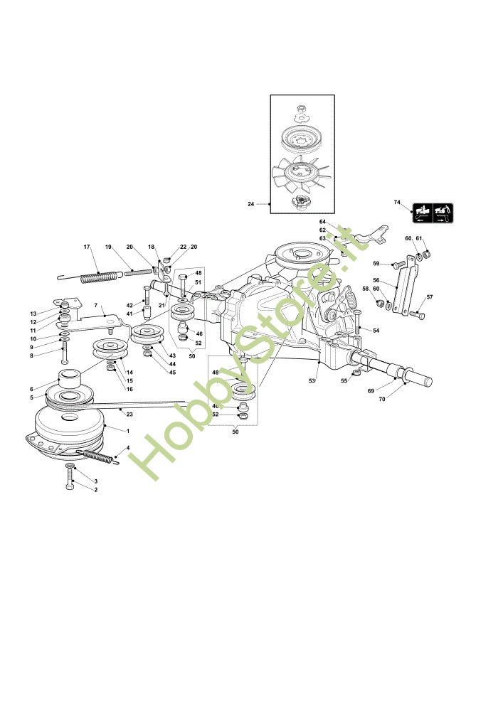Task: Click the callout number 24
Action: click(250, 204)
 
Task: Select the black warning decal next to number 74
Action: click(433, 211)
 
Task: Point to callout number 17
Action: click(87, 247)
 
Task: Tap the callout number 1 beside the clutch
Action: click(127, 432)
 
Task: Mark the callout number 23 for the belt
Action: click(129, 413)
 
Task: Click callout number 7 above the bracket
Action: click(95, 305)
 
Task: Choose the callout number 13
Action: click(33, 314)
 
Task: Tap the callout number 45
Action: click(172, 372)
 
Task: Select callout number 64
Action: click(322, 222)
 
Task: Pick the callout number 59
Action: click(376, 264)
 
